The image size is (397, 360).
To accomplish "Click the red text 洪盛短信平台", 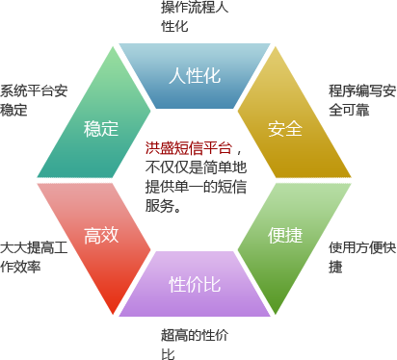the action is click(189, 148).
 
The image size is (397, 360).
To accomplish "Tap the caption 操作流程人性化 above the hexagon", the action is click(195, 16).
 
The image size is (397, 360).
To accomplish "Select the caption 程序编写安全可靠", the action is click(362, 100).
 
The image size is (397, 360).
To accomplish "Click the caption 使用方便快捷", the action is click(362, 257).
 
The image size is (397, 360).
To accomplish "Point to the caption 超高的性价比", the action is click(195, 345).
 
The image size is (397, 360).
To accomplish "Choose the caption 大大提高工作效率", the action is click(34, 257).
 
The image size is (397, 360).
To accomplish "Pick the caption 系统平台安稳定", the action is click(34, 100).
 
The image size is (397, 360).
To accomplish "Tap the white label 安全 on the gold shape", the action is click(285, 129).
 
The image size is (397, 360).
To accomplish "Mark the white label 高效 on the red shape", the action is click(101, 235).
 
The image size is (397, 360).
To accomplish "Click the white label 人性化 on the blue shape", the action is click(195, 76).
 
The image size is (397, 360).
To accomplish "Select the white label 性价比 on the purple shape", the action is click(195, 284).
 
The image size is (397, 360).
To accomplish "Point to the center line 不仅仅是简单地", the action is click(196, 167).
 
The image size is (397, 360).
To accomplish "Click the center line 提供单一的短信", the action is click(196, 187).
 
